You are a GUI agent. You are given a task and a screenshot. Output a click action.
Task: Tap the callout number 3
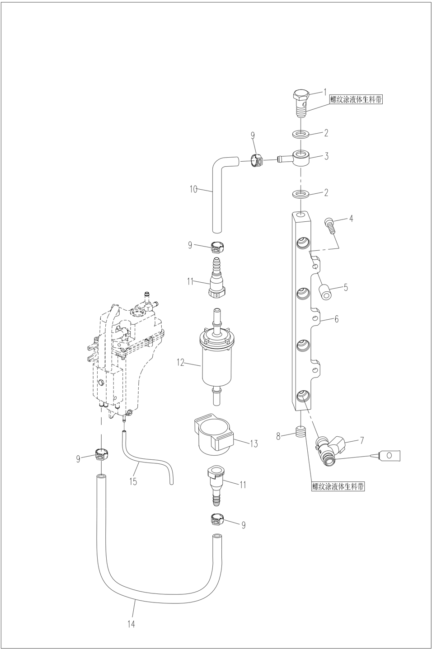[326, 156]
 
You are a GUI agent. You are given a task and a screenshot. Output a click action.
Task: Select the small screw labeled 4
[330, 225]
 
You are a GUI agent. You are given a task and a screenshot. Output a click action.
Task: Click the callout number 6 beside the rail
[336, 319]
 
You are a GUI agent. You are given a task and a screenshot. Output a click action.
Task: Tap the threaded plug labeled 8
[301, 432]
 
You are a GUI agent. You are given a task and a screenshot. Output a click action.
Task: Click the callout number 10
[193, 189]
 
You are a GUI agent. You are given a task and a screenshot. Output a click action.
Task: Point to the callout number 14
[131, 625]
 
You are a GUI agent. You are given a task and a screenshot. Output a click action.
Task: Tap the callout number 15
[133, 481]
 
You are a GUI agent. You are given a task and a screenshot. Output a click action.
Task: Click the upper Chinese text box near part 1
[356, 100]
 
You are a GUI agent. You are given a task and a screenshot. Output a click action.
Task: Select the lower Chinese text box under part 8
[338, 487]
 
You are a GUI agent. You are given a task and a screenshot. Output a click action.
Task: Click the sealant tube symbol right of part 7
[392, 456]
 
